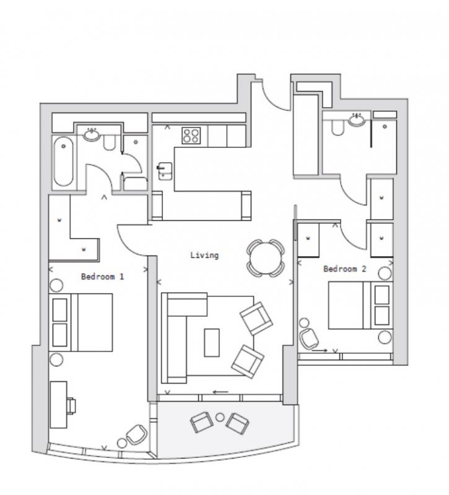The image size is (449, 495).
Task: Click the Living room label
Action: pos(204,255)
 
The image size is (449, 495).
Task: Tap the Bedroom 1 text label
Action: pos(103,277)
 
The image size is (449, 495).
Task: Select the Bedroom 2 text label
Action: pos(345,269)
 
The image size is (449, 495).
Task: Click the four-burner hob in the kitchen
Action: pos(191,136)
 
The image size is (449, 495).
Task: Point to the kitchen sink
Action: pos(165,171)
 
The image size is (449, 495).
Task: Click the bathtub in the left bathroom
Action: pos(64,161)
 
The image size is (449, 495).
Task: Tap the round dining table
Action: pos(266,258)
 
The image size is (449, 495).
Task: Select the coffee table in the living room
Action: pos(212,343)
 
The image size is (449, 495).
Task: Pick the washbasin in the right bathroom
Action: pos(357,119)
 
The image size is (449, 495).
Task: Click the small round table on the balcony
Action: pos(220,417)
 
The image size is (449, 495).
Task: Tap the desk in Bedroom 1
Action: pos(59,405)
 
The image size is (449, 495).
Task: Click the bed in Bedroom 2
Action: pos(360,305)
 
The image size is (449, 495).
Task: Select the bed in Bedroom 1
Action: pos(81,322)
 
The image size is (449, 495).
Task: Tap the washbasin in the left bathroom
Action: pos(92,135)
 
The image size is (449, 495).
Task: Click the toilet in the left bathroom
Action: pos(110,143)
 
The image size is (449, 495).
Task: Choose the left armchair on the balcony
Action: pos(201,422)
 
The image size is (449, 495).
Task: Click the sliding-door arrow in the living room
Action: pos(220,392)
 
